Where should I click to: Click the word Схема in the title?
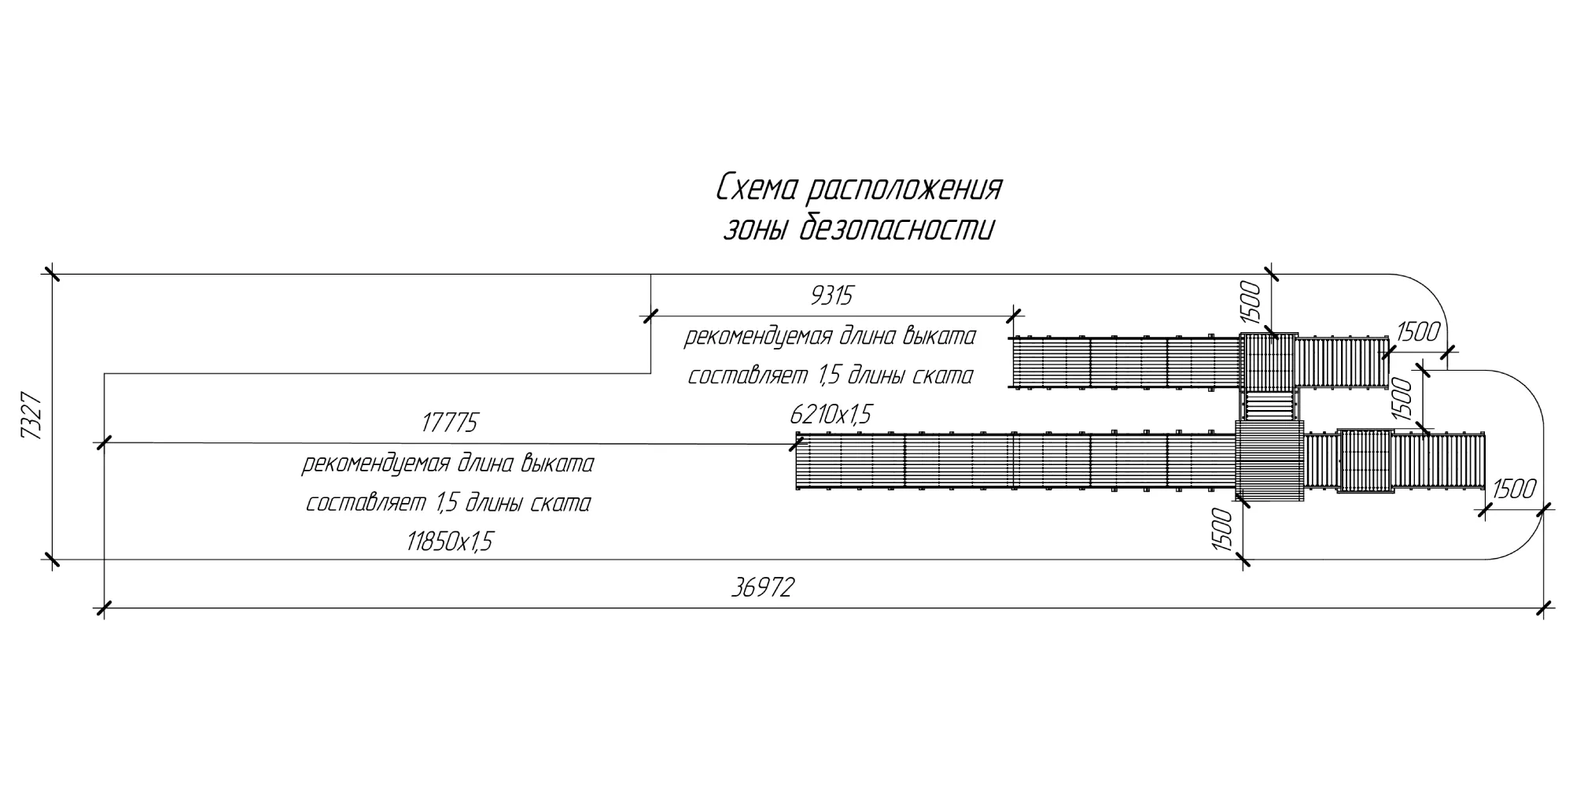click(758, 189)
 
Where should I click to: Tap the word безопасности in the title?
click(897, 229)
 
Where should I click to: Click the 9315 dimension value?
click(831, 297)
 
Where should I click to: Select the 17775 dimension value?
click(449, 423)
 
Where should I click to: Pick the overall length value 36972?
click(762, 587)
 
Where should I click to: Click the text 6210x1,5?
click(831, 414)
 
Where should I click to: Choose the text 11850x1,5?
click(449, 542)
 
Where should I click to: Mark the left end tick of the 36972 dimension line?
click(104, 608)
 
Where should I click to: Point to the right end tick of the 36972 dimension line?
click(1545, 608)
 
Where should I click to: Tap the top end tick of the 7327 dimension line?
click(52, 274)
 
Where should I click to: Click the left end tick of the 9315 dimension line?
click(650, 316)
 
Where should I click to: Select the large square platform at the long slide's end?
click(1269, 461)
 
